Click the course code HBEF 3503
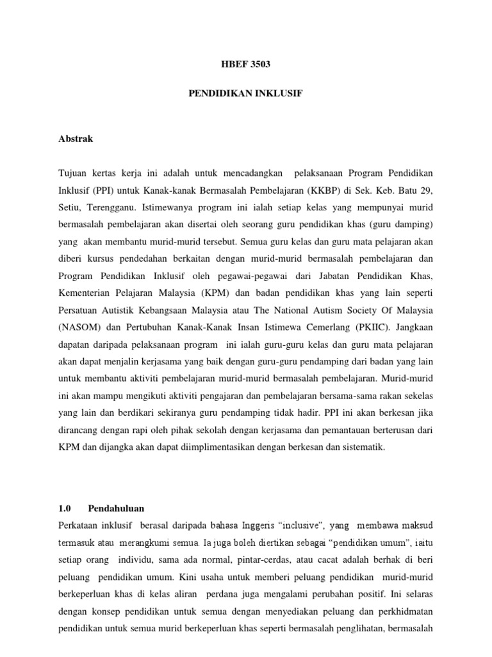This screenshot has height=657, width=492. (245, 64)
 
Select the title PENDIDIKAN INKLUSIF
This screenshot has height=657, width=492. (245, 93)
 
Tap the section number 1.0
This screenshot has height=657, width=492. (64, 508)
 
